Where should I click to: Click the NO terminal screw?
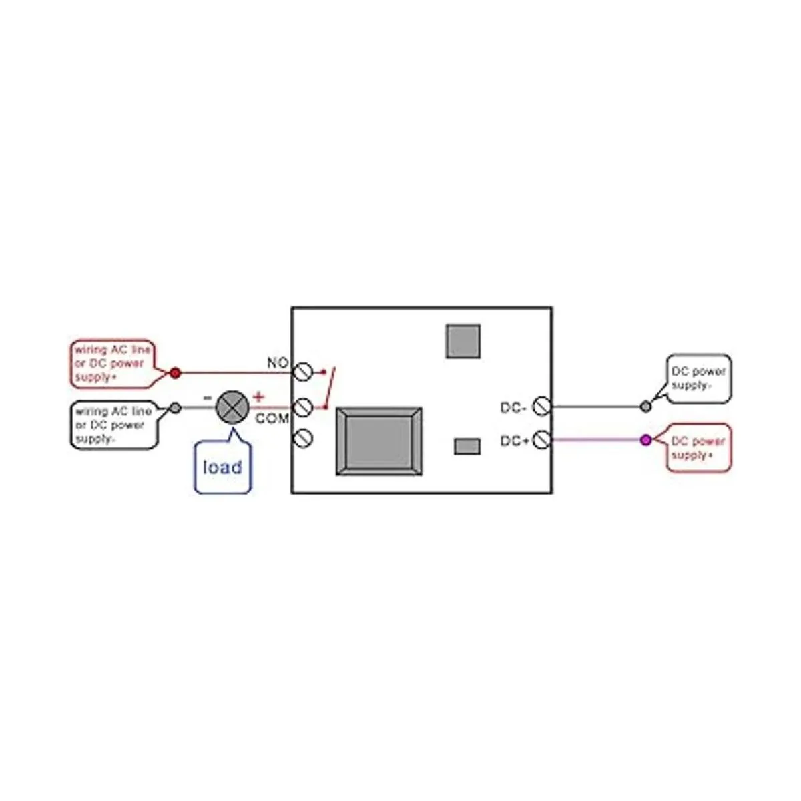tap(304, 372)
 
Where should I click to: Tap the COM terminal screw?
tap(304, 406)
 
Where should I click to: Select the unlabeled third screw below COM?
tap(304, 437)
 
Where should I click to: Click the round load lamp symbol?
tap(232, 407)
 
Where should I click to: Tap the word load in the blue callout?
tap(222, 467)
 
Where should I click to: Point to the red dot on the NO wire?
tap(175, 373)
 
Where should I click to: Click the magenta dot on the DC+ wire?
tap(645, 440)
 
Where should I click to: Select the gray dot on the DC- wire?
tap(645, 406)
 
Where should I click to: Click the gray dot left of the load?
tap(175, 407)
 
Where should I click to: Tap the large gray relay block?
tap(379, 441)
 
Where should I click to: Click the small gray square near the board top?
tap(463, 341)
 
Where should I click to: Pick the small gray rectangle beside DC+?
tap(467, 446)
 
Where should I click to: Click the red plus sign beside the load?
tap(258, 398)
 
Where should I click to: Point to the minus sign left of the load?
tap(208, 398)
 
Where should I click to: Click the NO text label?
tap(277, 363)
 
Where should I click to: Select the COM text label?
tap(272, 419)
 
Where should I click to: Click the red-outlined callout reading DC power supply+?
tap(699, 448)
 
